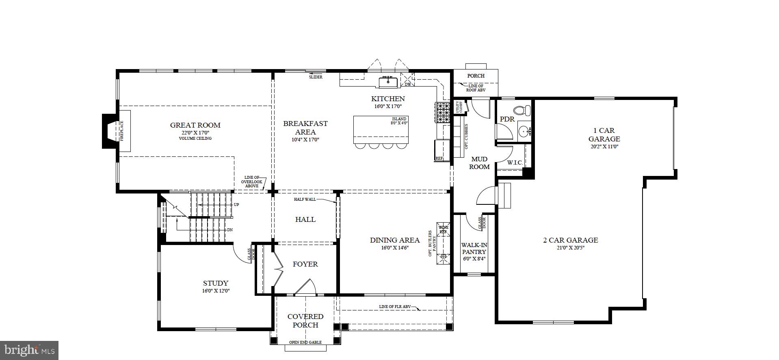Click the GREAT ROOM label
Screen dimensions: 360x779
pos(195,125)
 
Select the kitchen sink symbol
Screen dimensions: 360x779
pos(388,82)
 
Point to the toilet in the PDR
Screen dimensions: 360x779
pos(522,110)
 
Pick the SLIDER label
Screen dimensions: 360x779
pos(316,77)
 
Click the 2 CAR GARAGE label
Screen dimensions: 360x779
pos(570,240)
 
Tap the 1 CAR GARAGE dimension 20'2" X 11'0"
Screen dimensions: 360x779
pos(604,147)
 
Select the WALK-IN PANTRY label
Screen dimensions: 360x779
pos(474,249)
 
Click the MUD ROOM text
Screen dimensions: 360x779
pos(479,163)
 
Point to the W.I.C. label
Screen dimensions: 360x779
pos(515,163)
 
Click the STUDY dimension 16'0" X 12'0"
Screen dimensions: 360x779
pos(216,291)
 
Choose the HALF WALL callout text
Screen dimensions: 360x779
pos(305,200)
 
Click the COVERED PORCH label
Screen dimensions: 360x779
pos(305,321)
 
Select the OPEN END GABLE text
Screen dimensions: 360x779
pos(305,343)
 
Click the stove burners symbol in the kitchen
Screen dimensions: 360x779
pos(443,113)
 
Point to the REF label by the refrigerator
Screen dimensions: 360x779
pos(439,158)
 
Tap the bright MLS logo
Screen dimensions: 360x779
pos(29,350)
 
